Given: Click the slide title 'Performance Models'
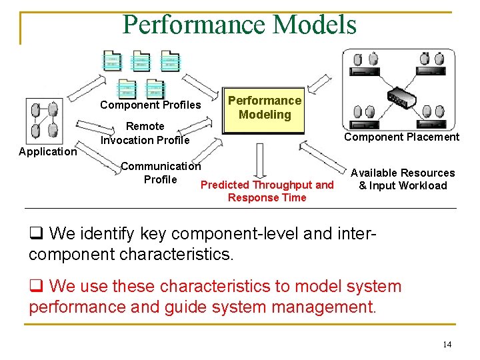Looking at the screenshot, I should click(240, 25).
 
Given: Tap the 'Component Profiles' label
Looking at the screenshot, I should click(150, 105).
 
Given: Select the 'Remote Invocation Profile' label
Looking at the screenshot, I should click(145, 133).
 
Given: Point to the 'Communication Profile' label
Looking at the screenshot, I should click(160, 173).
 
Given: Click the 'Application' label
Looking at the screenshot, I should click(48, 151).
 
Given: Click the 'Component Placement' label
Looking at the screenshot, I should click(401, 137).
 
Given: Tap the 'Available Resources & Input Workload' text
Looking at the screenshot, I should click(403, 179).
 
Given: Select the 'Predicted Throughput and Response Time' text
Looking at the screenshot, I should click(267, 191).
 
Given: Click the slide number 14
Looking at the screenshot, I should click(447, 344).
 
